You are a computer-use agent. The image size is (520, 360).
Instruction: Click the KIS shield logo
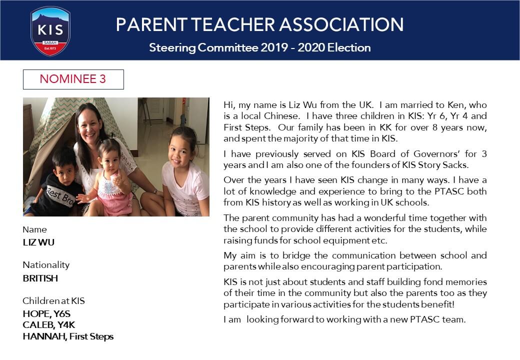click(x=50, y=30)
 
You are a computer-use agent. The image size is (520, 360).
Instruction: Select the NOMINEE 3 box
click(x=73, y=79)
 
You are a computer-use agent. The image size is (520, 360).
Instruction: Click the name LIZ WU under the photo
click(x=38, y=242)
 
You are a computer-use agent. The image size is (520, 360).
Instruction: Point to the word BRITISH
click(x=40, y=278)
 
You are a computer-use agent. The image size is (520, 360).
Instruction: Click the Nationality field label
click(x=46, y=265)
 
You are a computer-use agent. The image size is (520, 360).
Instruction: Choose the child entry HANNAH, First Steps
click(x=68, y=336)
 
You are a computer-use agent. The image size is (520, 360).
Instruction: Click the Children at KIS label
click(x=53, y=301)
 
